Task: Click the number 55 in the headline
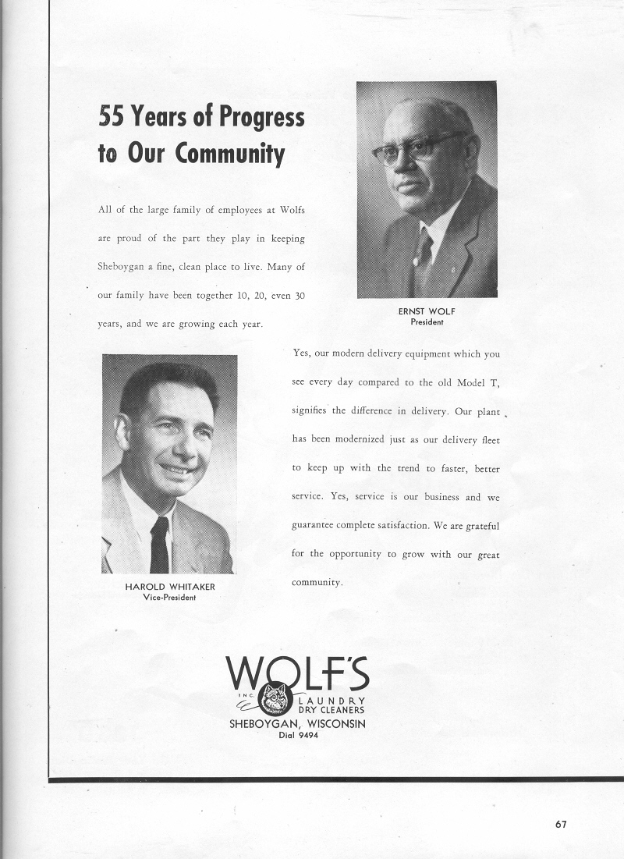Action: [x=112, y=117]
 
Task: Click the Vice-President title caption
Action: [x=168, y=597]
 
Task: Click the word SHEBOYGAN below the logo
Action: [x=264, y=723]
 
